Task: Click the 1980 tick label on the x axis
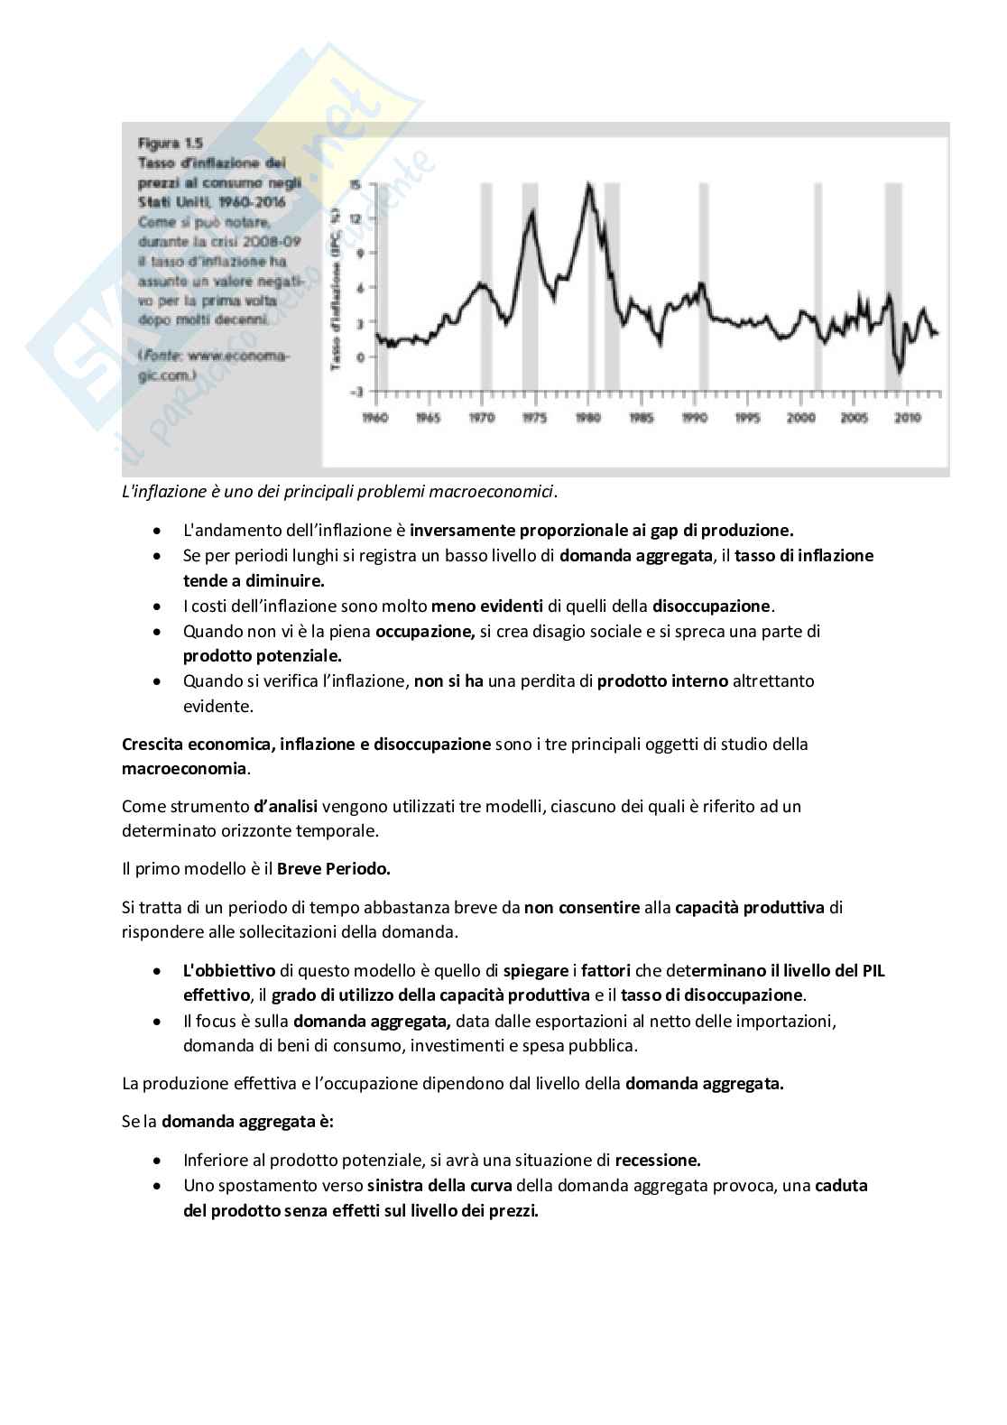click(x=588, y=418)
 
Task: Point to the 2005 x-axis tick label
click(x=854, y=418)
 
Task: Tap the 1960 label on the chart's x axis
click(x=375, y=418)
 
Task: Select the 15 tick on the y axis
click(x=356, y=184)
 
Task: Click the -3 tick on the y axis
click(x=356, y=392)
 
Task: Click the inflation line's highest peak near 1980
click(x=589, y=185)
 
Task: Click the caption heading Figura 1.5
click(x=170, y=143)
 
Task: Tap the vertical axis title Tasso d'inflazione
click(x=337, y=289)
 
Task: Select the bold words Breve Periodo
click(x=333, y=869)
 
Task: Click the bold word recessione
click(x=657, y=1161)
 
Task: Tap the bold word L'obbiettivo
click(x=229, y=971)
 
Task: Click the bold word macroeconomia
click(x=184, y=769)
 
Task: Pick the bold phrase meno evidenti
click(x=487, y=606)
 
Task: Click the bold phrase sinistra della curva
click(x=439, y=1186)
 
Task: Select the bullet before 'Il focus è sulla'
click(x=159, y=1022)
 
